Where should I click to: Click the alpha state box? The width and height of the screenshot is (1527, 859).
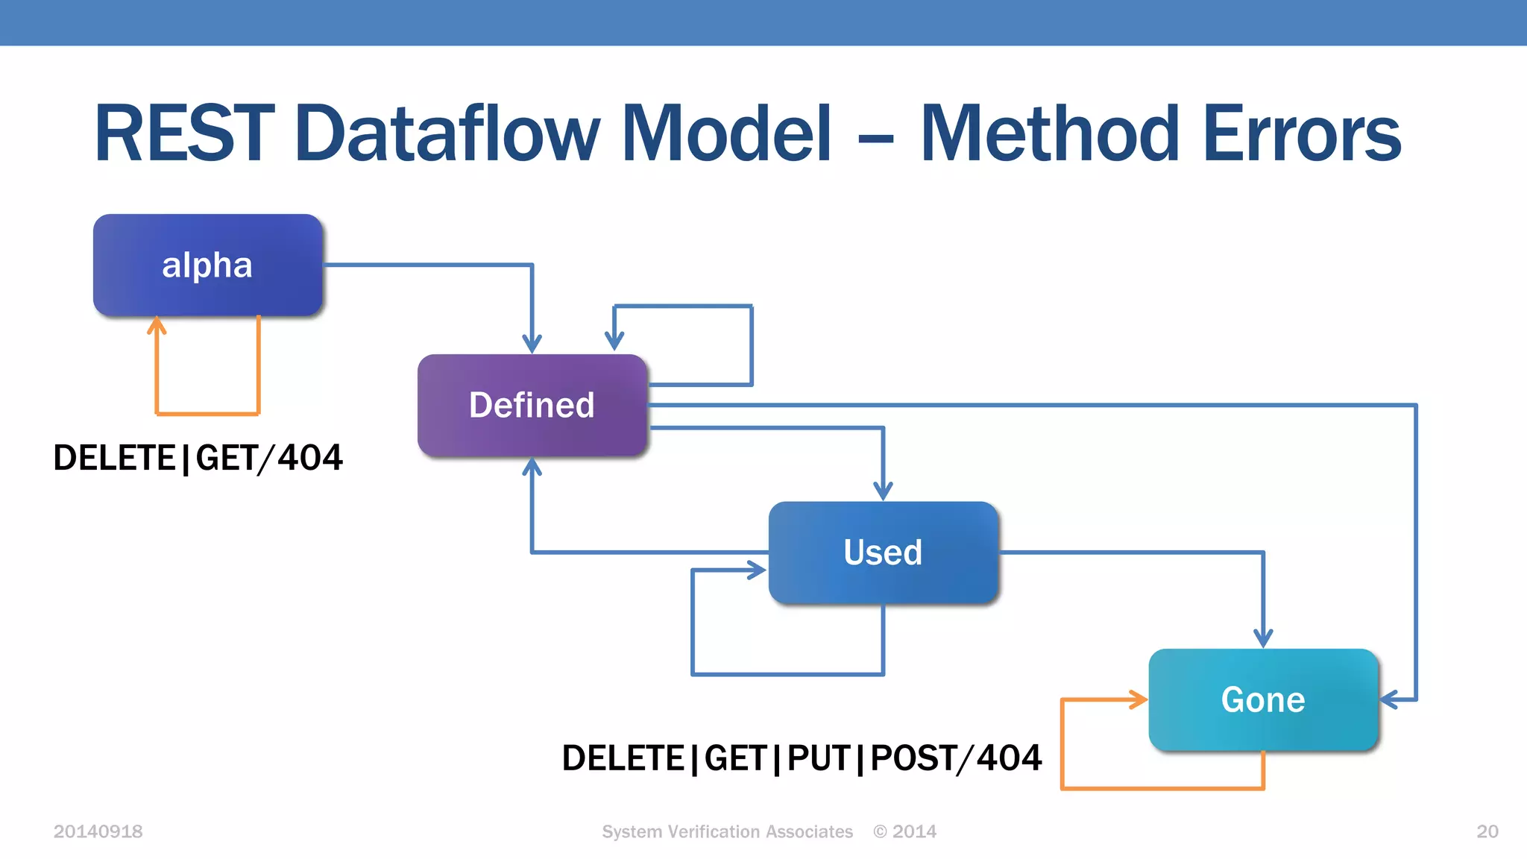[207, 265]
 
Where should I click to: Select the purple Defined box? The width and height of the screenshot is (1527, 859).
[532, 405]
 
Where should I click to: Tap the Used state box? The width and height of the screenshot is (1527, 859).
[883, 553]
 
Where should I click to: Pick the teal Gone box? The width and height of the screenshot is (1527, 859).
[1263, 699]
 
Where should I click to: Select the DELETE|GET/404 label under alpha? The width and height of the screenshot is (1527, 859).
[198, 457]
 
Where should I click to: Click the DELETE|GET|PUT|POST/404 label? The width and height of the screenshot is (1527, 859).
[802, 758]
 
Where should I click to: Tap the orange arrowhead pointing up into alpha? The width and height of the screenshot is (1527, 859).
[157, 326]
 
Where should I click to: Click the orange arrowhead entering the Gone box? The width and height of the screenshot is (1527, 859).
[1139, 699]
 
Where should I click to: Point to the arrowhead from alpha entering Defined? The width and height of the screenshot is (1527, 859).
[532, 344]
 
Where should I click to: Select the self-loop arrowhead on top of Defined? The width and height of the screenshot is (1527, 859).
[614, 341]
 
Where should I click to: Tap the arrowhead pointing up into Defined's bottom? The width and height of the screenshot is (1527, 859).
[532, 468]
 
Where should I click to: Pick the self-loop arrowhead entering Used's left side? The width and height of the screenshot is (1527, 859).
[758, 570]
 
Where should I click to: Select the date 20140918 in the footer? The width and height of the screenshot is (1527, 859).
[98, 831]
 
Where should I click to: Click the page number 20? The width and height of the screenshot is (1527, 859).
[1487, 831]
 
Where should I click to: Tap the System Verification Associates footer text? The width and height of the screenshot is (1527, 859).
[727, 831]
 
